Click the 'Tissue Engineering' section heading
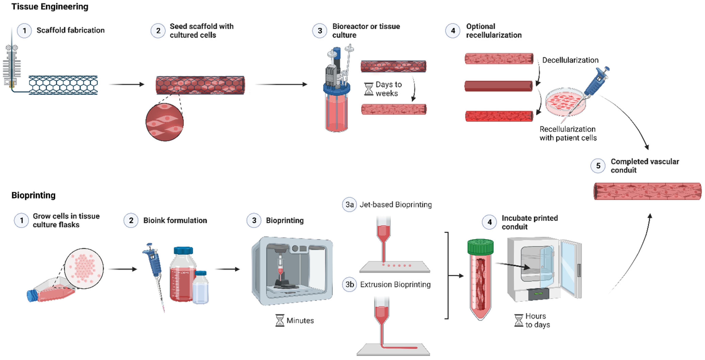(x=50, y=7)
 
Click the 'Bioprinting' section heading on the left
(x=33, y=195)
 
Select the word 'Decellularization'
(x=570, y=60)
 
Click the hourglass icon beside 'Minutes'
(x=279, y=320)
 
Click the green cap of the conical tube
(x=480, y=246)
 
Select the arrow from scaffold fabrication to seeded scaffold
(x=126, y=84)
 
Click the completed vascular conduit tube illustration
(x=647, y=191)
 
